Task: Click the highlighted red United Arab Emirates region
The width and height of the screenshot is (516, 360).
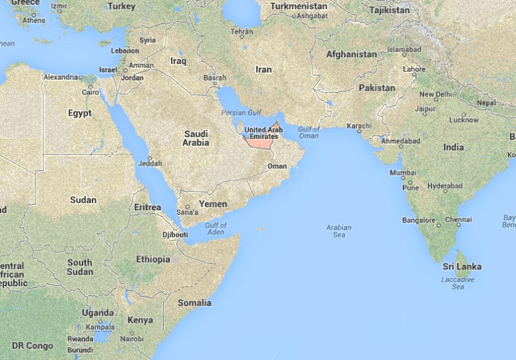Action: point(260,140)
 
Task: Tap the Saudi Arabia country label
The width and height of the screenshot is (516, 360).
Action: point(196,138)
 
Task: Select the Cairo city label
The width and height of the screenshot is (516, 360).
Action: point(90,92)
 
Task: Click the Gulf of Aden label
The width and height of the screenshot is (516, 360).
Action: point(216,230)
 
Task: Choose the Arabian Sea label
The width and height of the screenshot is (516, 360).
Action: point(338,231)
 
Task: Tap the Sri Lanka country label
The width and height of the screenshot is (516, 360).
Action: point(462,267)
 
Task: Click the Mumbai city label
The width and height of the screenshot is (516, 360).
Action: point(403,173)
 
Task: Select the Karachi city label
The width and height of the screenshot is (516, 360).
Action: point(358,126)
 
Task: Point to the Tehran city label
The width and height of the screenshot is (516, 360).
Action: point(241,31)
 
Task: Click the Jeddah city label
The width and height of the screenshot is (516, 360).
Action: point(150,163)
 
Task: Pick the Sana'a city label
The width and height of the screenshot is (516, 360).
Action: point(187,212)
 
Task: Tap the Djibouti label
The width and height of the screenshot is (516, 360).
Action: point(175,234)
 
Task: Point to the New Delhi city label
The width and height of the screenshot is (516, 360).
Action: point(435,94)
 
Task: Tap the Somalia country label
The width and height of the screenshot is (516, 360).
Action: point(194,303)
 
